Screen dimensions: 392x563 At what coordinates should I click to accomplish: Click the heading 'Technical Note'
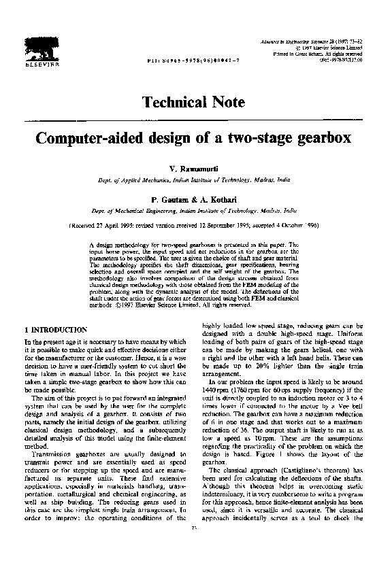pyautogui.click(x=195, y=103)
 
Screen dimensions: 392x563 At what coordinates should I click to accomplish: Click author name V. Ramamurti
pyautogui.click(x=195, y=167)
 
